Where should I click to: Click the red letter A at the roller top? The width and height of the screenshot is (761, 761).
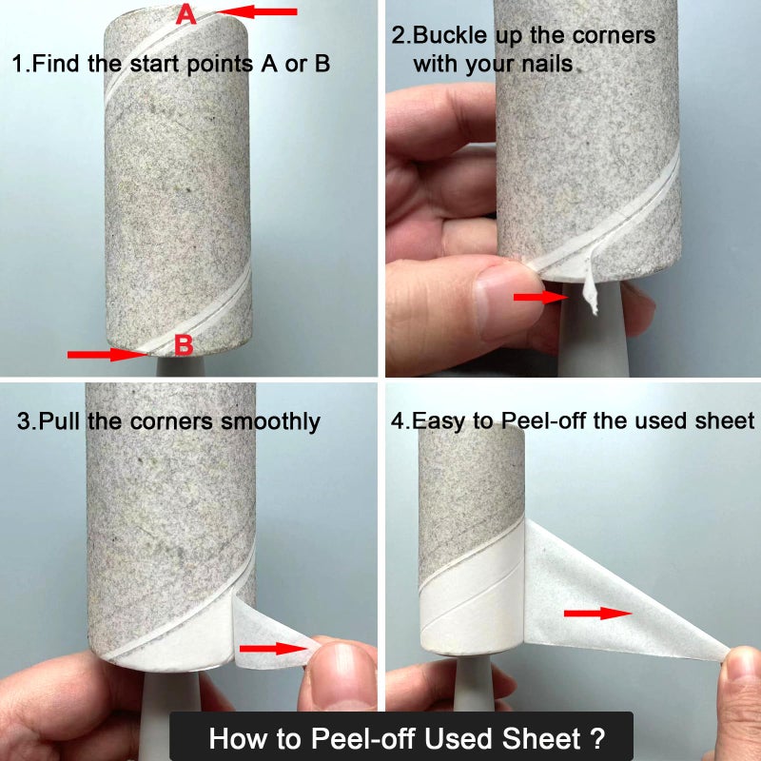tap(186, 14)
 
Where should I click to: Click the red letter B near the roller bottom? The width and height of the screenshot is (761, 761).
tap(184, 345)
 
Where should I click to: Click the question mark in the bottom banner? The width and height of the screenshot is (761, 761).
tap(596, 738)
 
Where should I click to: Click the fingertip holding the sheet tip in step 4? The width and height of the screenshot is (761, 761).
tap(742, 671)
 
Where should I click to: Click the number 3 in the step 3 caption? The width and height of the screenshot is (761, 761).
tap(25, 420)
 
